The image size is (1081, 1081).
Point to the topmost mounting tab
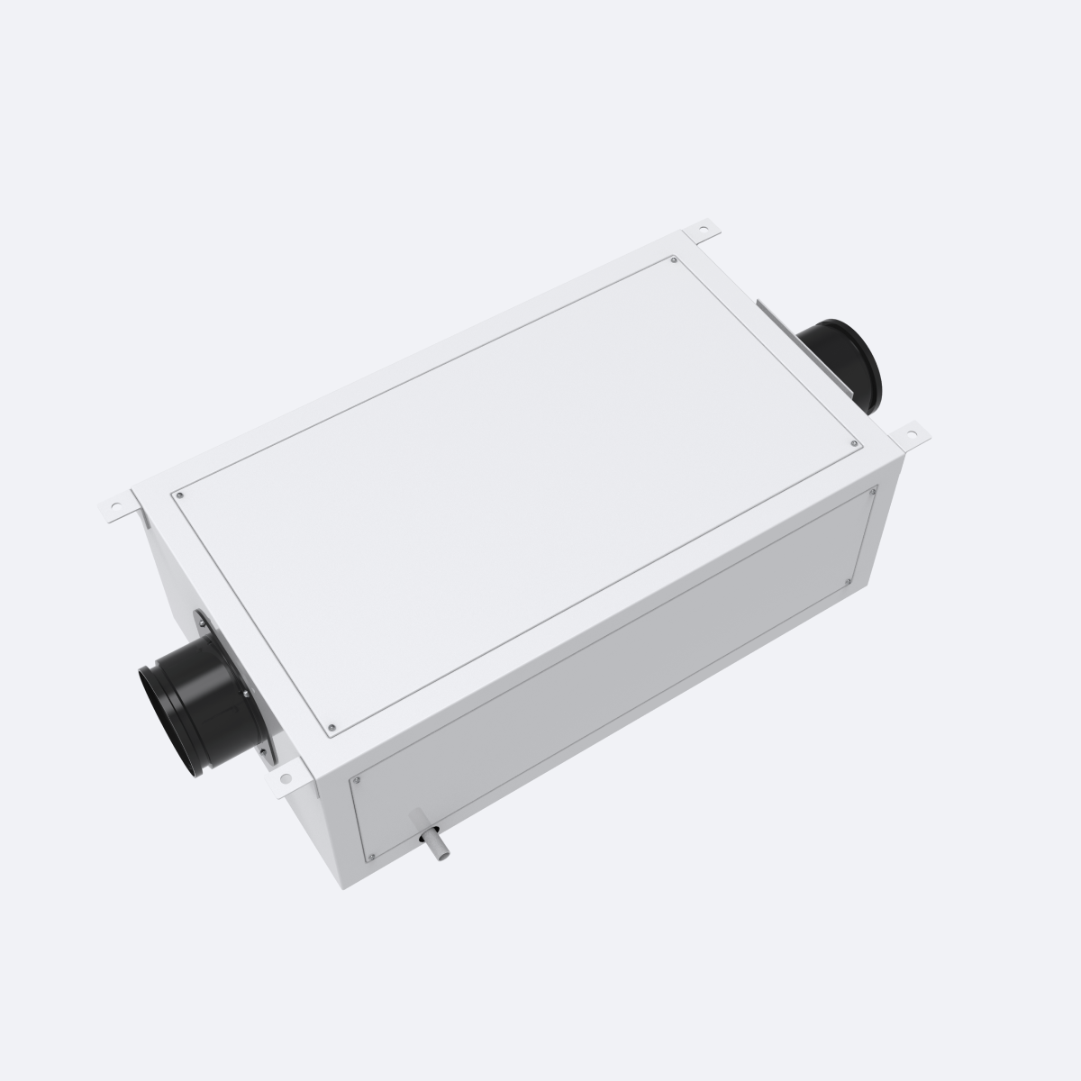(705, 233)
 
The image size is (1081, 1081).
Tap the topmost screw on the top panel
(674, 261)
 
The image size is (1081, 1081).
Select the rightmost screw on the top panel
(855, 443)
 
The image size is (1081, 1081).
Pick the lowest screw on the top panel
(332, 728)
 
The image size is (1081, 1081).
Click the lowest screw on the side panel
(370, 854)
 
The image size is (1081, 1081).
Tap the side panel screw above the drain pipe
(359, 780)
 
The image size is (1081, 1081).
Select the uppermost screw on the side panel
(873, 491)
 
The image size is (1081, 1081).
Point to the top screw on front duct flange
(197, 619)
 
